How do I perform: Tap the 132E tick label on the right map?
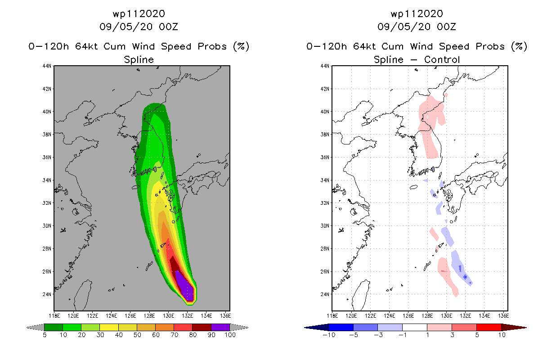point(466,316)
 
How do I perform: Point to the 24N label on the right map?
point(325,294)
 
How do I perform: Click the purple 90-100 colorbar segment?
point(220,327)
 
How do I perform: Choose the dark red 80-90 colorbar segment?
point(202,327)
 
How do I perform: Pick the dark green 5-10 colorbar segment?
point(54,327)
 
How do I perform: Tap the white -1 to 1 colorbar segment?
point(415,327)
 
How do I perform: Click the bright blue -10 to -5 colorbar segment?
point(341,327)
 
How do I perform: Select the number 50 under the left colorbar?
point(137,335)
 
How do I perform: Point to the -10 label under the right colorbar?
point(329,335)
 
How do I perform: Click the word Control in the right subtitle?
point(442,60)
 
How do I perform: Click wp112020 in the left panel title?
point(139,14)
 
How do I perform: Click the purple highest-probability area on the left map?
point(186,285)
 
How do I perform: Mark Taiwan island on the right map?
point(360,295)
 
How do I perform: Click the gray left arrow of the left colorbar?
point(35,328)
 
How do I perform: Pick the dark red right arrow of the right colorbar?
point(514,328)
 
